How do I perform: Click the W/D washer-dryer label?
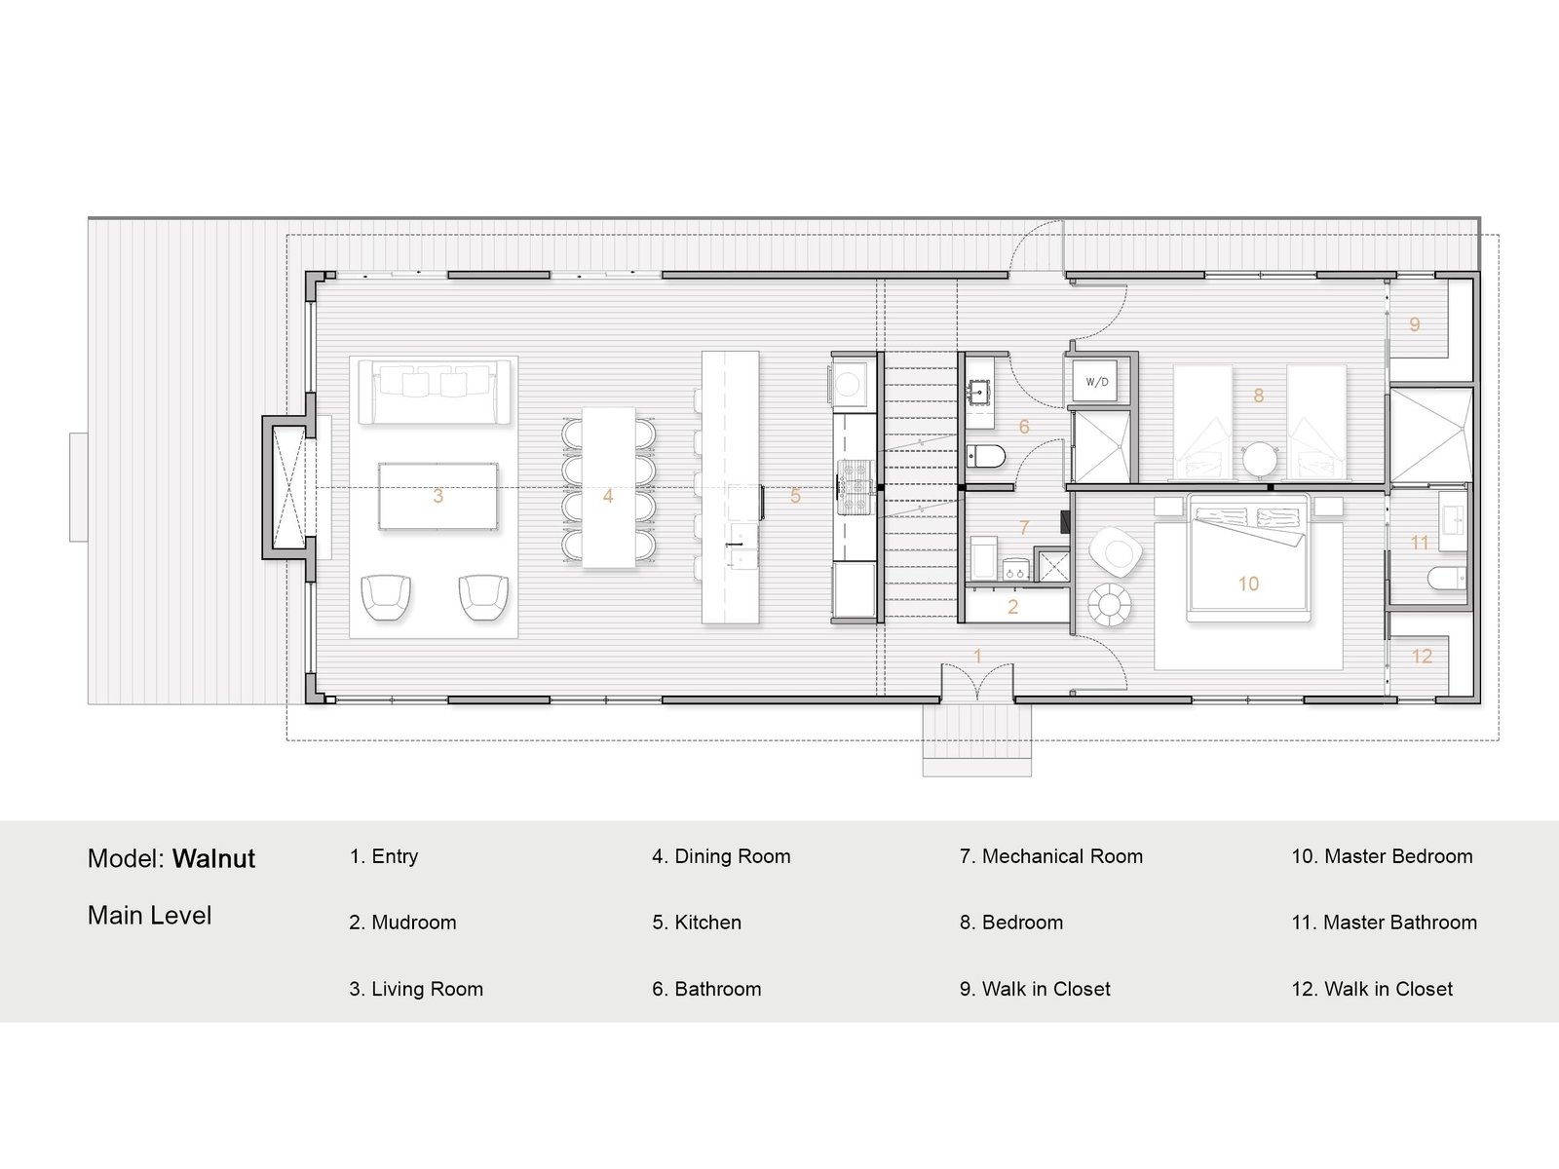1096,382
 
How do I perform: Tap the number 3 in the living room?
438,496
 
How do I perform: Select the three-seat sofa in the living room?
435,392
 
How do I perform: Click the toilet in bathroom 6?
986,456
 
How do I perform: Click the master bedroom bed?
1248,558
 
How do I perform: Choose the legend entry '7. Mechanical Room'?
1051,856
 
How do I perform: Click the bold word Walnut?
213,859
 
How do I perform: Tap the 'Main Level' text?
149,916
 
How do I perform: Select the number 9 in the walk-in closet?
1414,324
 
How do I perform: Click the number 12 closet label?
1422,656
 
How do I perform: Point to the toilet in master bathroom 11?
1446,578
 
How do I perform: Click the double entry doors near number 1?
977,681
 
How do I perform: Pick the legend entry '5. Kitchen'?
697,922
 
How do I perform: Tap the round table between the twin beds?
1259,459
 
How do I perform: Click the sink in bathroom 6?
979,391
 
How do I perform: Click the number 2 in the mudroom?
1012,607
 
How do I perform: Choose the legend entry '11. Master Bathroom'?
1385,922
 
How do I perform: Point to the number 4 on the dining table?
608,496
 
